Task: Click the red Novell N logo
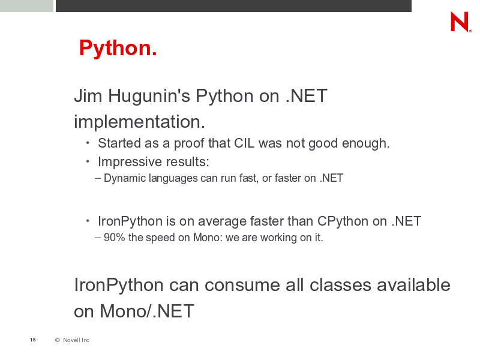click(460, 22)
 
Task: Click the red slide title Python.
click(118, 49)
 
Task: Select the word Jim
click(88, 96)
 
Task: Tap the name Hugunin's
click(149, 96)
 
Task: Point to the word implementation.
click(139, 122)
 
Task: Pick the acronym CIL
click(244, 143)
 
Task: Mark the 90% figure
click(115, 238)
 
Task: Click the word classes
click(340, 286)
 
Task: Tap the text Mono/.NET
click(147, 311)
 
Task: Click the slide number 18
click(33, 340)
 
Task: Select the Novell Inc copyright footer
click(72, 340)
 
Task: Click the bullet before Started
click(88, 142)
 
